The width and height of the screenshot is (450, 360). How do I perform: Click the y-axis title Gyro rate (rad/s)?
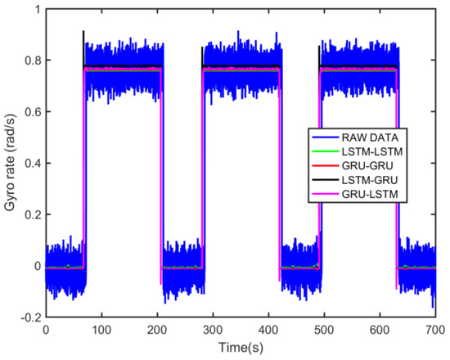(11, 162)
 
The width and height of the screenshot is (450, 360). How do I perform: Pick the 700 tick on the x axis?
(434, 330)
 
